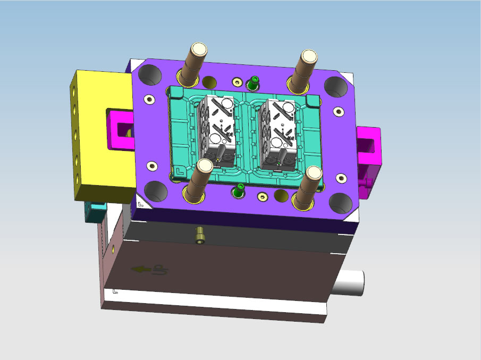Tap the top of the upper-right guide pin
pos(309,56)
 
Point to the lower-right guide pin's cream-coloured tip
pos(314,173)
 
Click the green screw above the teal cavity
pos(254,82)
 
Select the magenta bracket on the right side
pos(369,149)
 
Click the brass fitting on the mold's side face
pos(200,235)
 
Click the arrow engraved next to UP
pos(140,270)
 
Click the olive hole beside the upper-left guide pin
pos(210,82)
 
